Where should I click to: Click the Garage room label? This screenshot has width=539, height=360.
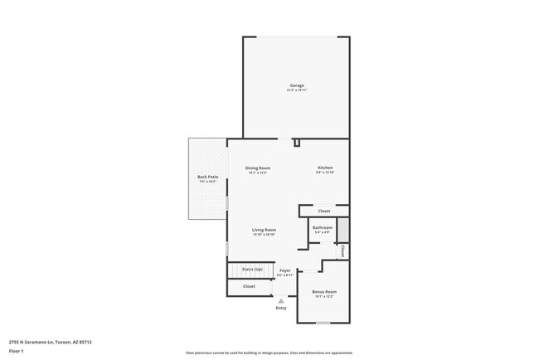[296, 85]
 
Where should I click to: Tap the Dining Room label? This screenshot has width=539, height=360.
[257, 168]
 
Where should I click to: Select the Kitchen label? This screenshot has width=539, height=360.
[325, 168]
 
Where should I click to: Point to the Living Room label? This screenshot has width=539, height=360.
[264, 230]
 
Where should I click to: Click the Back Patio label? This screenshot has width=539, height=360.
[207, 177]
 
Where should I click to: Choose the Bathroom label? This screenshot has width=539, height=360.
[322, 227]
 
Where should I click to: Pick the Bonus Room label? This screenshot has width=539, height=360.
[323, 292]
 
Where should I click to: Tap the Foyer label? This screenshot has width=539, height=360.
[284, 270]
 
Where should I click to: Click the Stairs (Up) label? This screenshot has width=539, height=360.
[252, 270]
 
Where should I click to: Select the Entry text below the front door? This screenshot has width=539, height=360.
[281, 309]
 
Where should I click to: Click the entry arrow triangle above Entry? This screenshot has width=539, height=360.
[281, 301]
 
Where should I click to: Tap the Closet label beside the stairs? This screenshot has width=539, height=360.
[249, 286]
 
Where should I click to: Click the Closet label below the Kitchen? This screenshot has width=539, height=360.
[323, 211]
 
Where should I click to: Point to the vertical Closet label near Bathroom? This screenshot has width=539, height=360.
[342, 250]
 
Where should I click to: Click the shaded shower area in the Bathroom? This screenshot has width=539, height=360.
[343, 228]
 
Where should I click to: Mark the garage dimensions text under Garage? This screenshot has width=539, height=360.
[296, 90]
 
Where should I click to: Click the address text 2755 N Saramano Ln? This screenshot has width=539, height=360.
[50, 342]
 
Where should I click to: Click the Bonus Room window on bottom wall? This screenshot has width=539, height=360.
[323, 323]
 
